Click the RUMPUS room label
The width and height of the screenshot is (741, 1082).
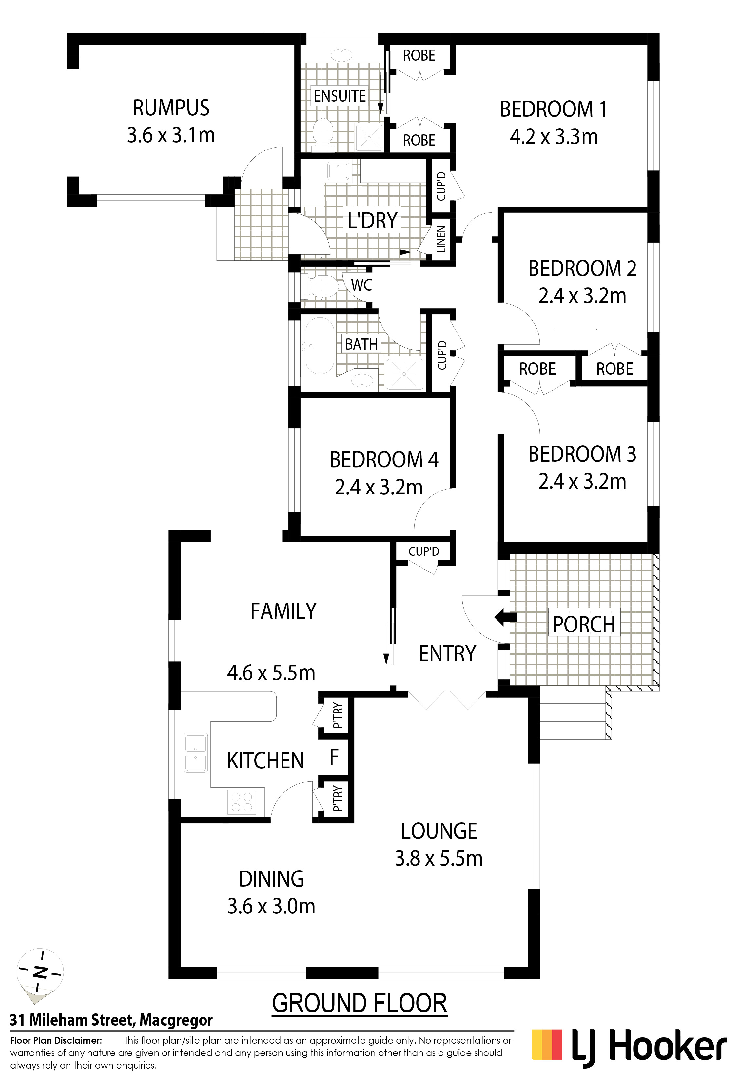click(171, 108)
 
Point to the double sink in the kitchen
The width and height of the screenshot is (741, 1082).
click(196, 753)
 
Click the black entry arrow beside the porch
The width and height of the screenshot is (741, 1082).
click(505, 617)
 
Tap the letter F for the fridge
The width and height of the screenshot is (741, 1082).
click(334, 757)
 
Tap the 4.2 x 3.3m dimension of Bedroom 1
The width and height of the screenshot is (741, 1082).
click(554, 137)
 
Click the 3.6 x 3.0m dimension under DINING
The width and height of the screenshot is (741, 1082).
click(271, 906)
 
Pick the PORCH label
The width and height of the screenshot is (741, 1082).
click(584, 624)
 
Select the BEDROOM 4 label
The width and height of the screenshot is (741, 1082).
click(384, 460)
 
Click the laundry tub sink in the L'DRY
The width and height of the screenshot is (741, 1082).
click(339, 171)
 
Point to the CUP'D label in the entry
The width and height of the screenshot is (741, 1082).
click(423, 552)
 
